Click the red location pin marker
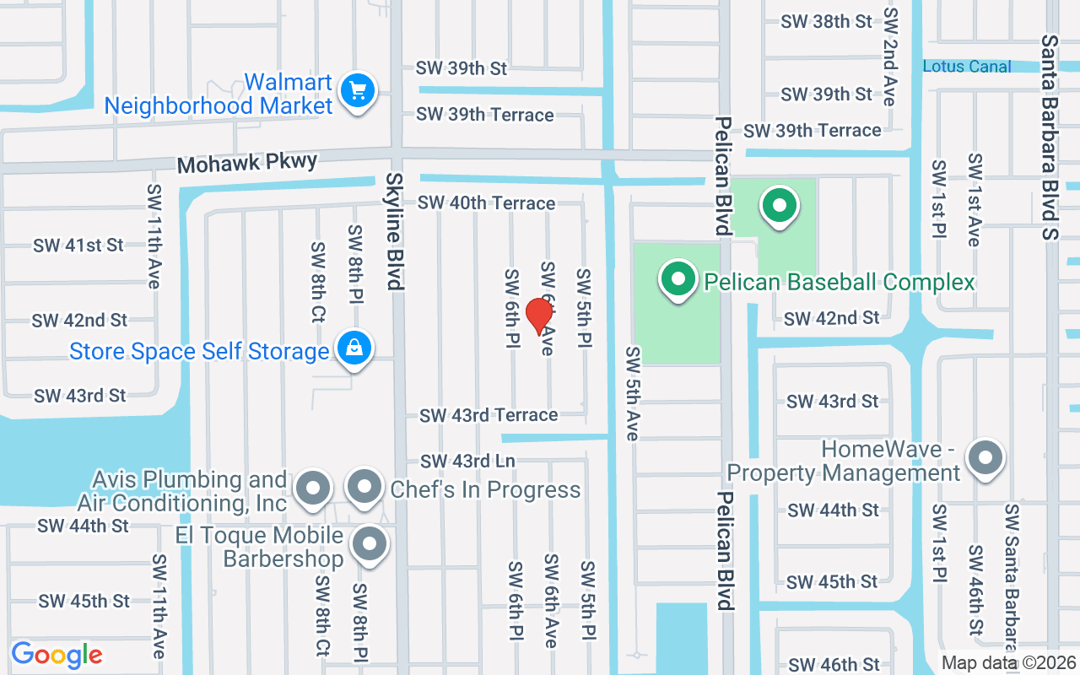tap(539, 316)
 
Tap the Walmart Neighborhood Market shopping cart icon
tap(358, 89)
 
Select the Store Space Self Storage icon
tap(355, 348)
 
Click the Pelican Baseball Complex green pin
tap(678, 279)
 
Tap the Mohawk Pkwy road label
tap(247, 162)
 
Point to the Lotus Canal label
tap(967, 67)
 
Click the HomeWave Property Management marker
tap(985, 459)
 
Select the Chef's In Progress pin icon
tap(364, 487)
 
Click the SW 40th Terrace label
tap(487, 202)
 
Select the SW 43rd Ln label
tap(479, 461)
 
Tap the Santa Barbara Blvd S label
tap(1050, 137)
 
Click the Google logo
tap(57, 655)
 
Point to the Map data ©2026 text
tap(1007, 663)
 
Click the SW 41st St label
tap(78, 246)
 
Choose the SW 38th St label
tap(826, 22)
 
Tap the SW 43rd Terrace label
tap(489, 415)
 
